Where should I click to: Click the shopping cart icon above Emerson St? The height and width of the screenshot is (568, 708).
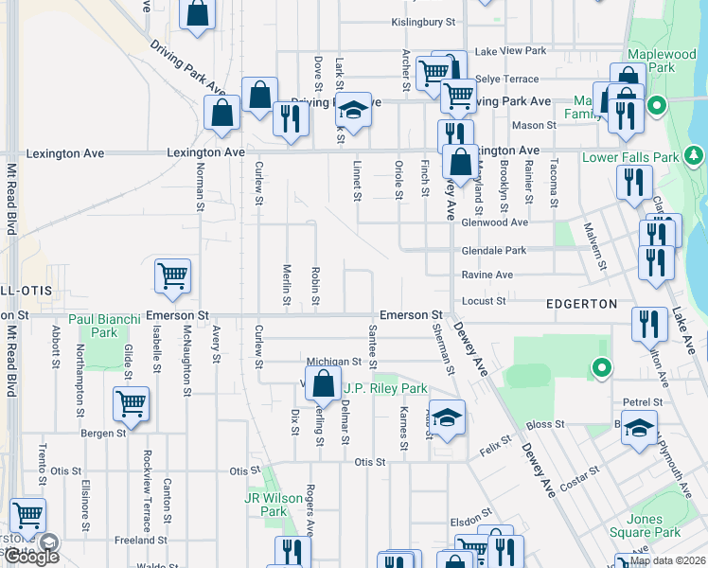click(x=172, y=275)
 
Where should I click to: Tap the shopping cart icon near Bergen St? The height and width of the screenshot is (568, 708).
click(x=131, y=403)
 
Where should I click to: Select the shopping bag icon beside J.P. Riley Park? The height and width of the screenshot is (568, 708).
click(x=324, y=383)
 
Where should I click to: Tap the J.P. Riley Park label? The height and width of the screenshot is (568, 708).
click(x=385, y=388)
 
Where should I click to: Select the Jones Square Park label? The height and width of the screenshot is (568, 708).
click(x=653, y=525)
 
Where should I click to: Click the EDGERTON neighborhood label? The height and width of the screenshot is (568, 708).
click(x=582, y=304)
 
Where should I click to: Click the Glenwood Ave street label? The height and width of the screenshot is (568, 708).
click(x=494, y=222)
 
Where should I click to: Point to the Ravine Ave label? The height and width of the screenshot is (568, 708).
click(x=487, y=275)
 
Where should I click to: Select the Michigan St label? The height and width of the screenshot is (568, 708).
click(x=334, y=362)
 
